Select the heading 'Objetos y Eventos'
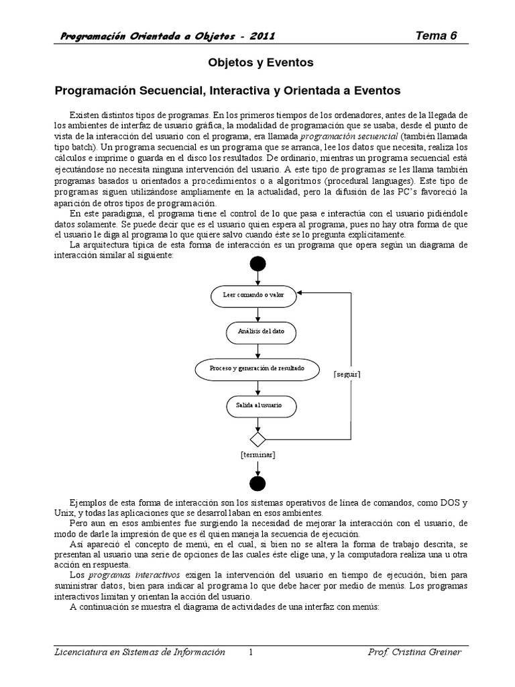coord(258,63)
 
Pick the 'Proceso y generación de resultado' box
coord(257,369)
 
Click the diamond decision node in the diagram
coord(257,439)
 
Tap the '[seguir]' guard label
coord(347,374)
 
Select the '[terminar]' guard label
coord(258,455)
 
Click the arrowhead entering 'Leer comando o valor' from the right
coord(301,293)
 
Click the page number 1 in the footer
coord(250,652)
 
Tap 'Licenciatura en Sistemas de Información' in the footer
coord(139,652)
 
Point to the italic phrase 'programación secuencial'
coord(355,136)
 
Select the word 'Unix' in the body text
coord(64,513)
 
